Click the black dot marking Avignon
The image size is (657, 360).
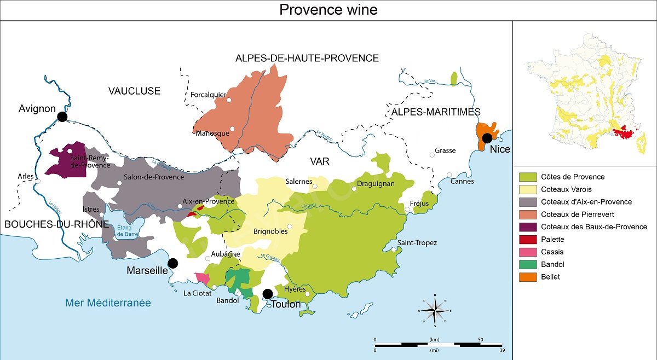[62, 117]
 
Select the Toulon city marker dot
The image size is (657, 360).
[268, 294]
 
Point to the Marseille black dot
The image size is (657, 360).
[173, 263]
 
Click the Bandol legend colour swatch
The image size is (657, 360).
[527, 265]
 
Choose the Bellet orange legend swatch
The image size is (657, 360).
[527, 277]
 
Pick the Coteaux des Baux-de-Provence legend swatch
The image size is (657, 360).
[527, 227]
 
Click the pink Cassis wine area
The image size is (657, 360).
[202, 278]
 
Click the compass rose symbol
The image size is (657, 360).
[435, 310]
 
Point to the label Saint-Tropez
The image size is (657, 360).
[417, 242]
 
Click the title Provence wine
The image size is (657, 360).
[328, 10]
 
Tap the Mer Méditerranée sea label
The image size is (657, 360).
[108, 303]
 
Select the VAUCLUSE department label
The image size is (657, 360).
[134, 91]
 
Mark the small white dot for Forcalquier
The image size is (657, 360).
[229, 100]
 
